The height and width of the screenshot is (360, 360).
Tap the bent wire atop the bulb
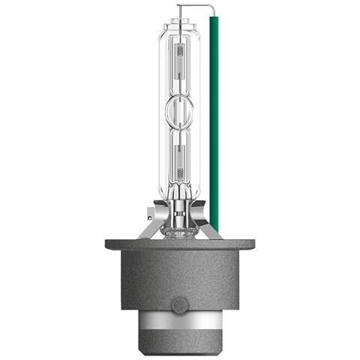(x=196, y=9)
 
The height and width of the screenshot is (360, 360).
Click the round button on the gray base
(x=179, y=305)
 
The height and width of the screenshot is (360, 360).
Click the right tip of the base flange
(x=252, y=244)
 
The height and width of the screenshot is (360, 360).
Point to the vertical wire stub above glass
(x=179, y=11)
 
